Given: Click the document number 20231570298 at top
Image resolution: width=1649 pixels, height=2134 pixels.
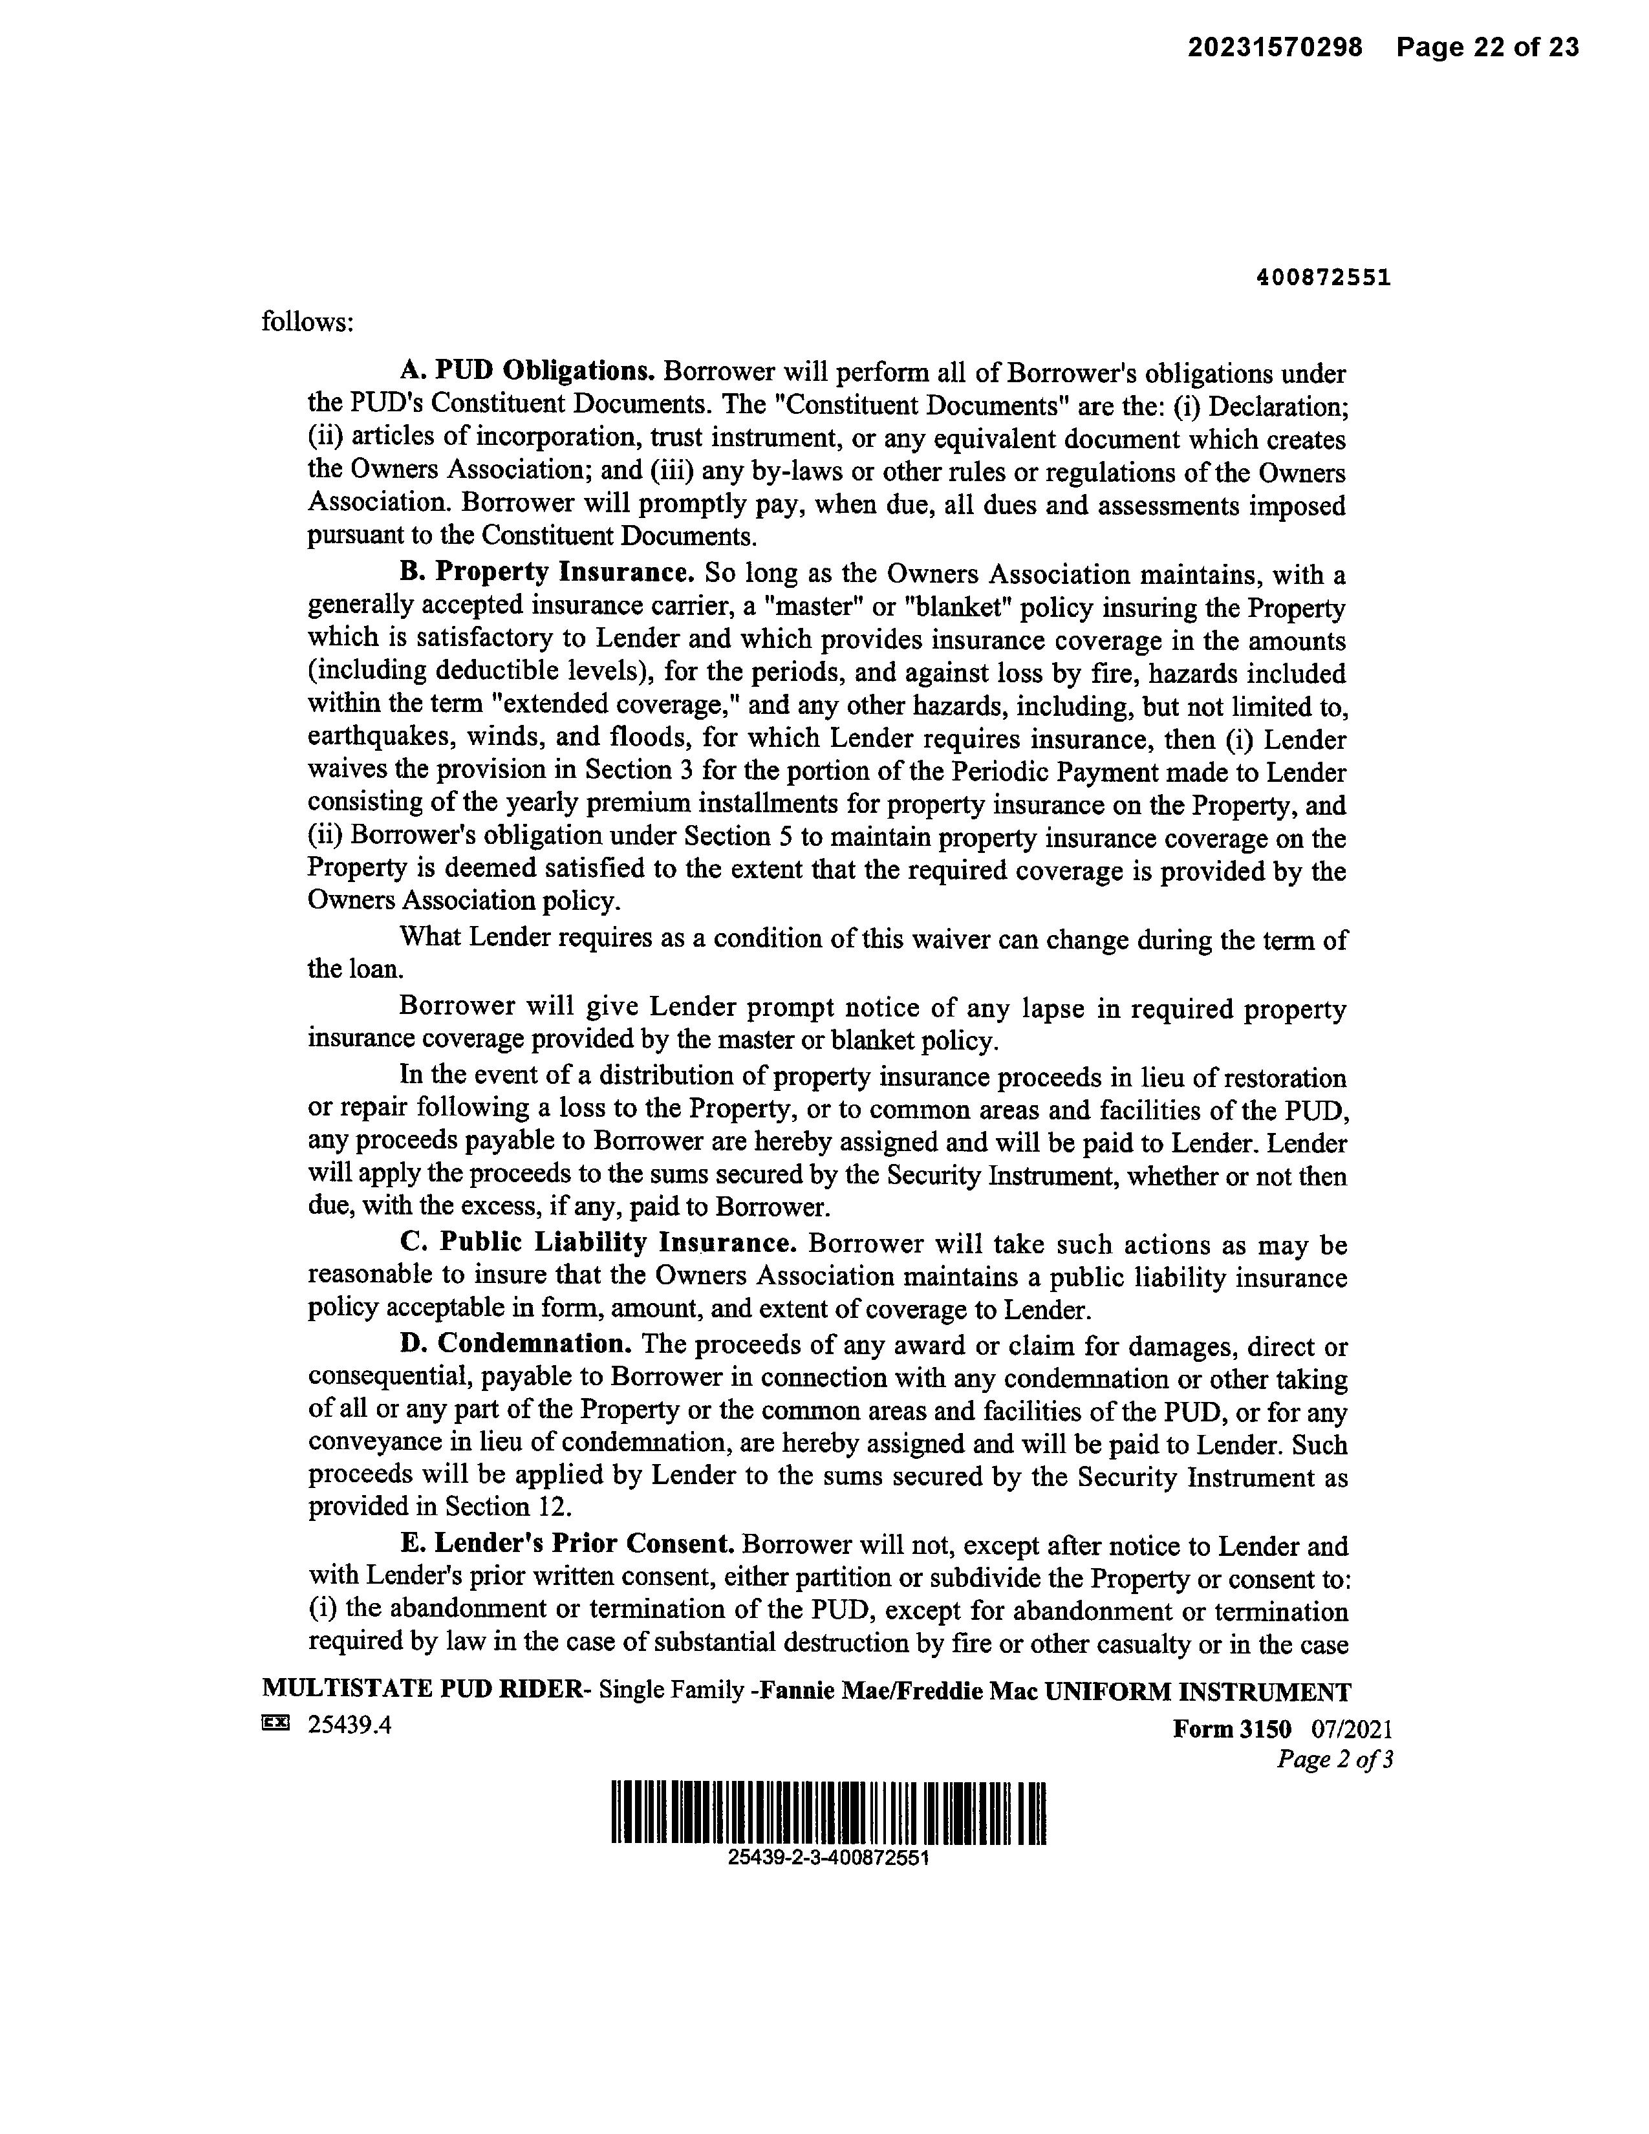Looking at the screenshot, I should [1274, 47].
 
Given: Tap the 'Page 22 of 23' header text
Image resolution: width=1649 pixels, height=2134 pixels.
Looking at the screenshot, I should [1487, 47].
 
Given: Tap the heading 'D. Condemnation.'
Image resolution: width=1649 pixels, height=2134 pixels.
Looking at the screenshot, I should [516, 1344].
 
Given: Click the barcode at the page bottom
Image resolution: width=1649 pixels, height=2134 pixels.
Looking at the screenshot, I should [828, 1813].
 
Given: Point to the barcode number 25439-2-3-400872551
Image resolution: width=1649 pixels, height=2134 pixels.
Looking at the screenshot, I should [828, 1857].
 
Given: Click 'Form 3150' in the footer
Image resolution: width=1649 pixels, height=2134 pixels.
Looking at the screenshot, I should [1231, 1729].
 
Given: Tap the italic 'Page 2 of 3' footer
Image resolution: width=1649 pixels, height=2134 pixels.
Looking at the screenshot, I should [1335, 1760].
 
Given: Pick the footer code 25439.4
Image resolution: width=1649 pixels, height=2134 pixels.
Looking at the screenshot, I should [350, 1725].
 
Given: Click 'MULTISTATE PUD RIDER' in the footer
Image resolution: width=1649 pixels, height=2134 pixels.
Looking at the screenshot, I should [421, 1692].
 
